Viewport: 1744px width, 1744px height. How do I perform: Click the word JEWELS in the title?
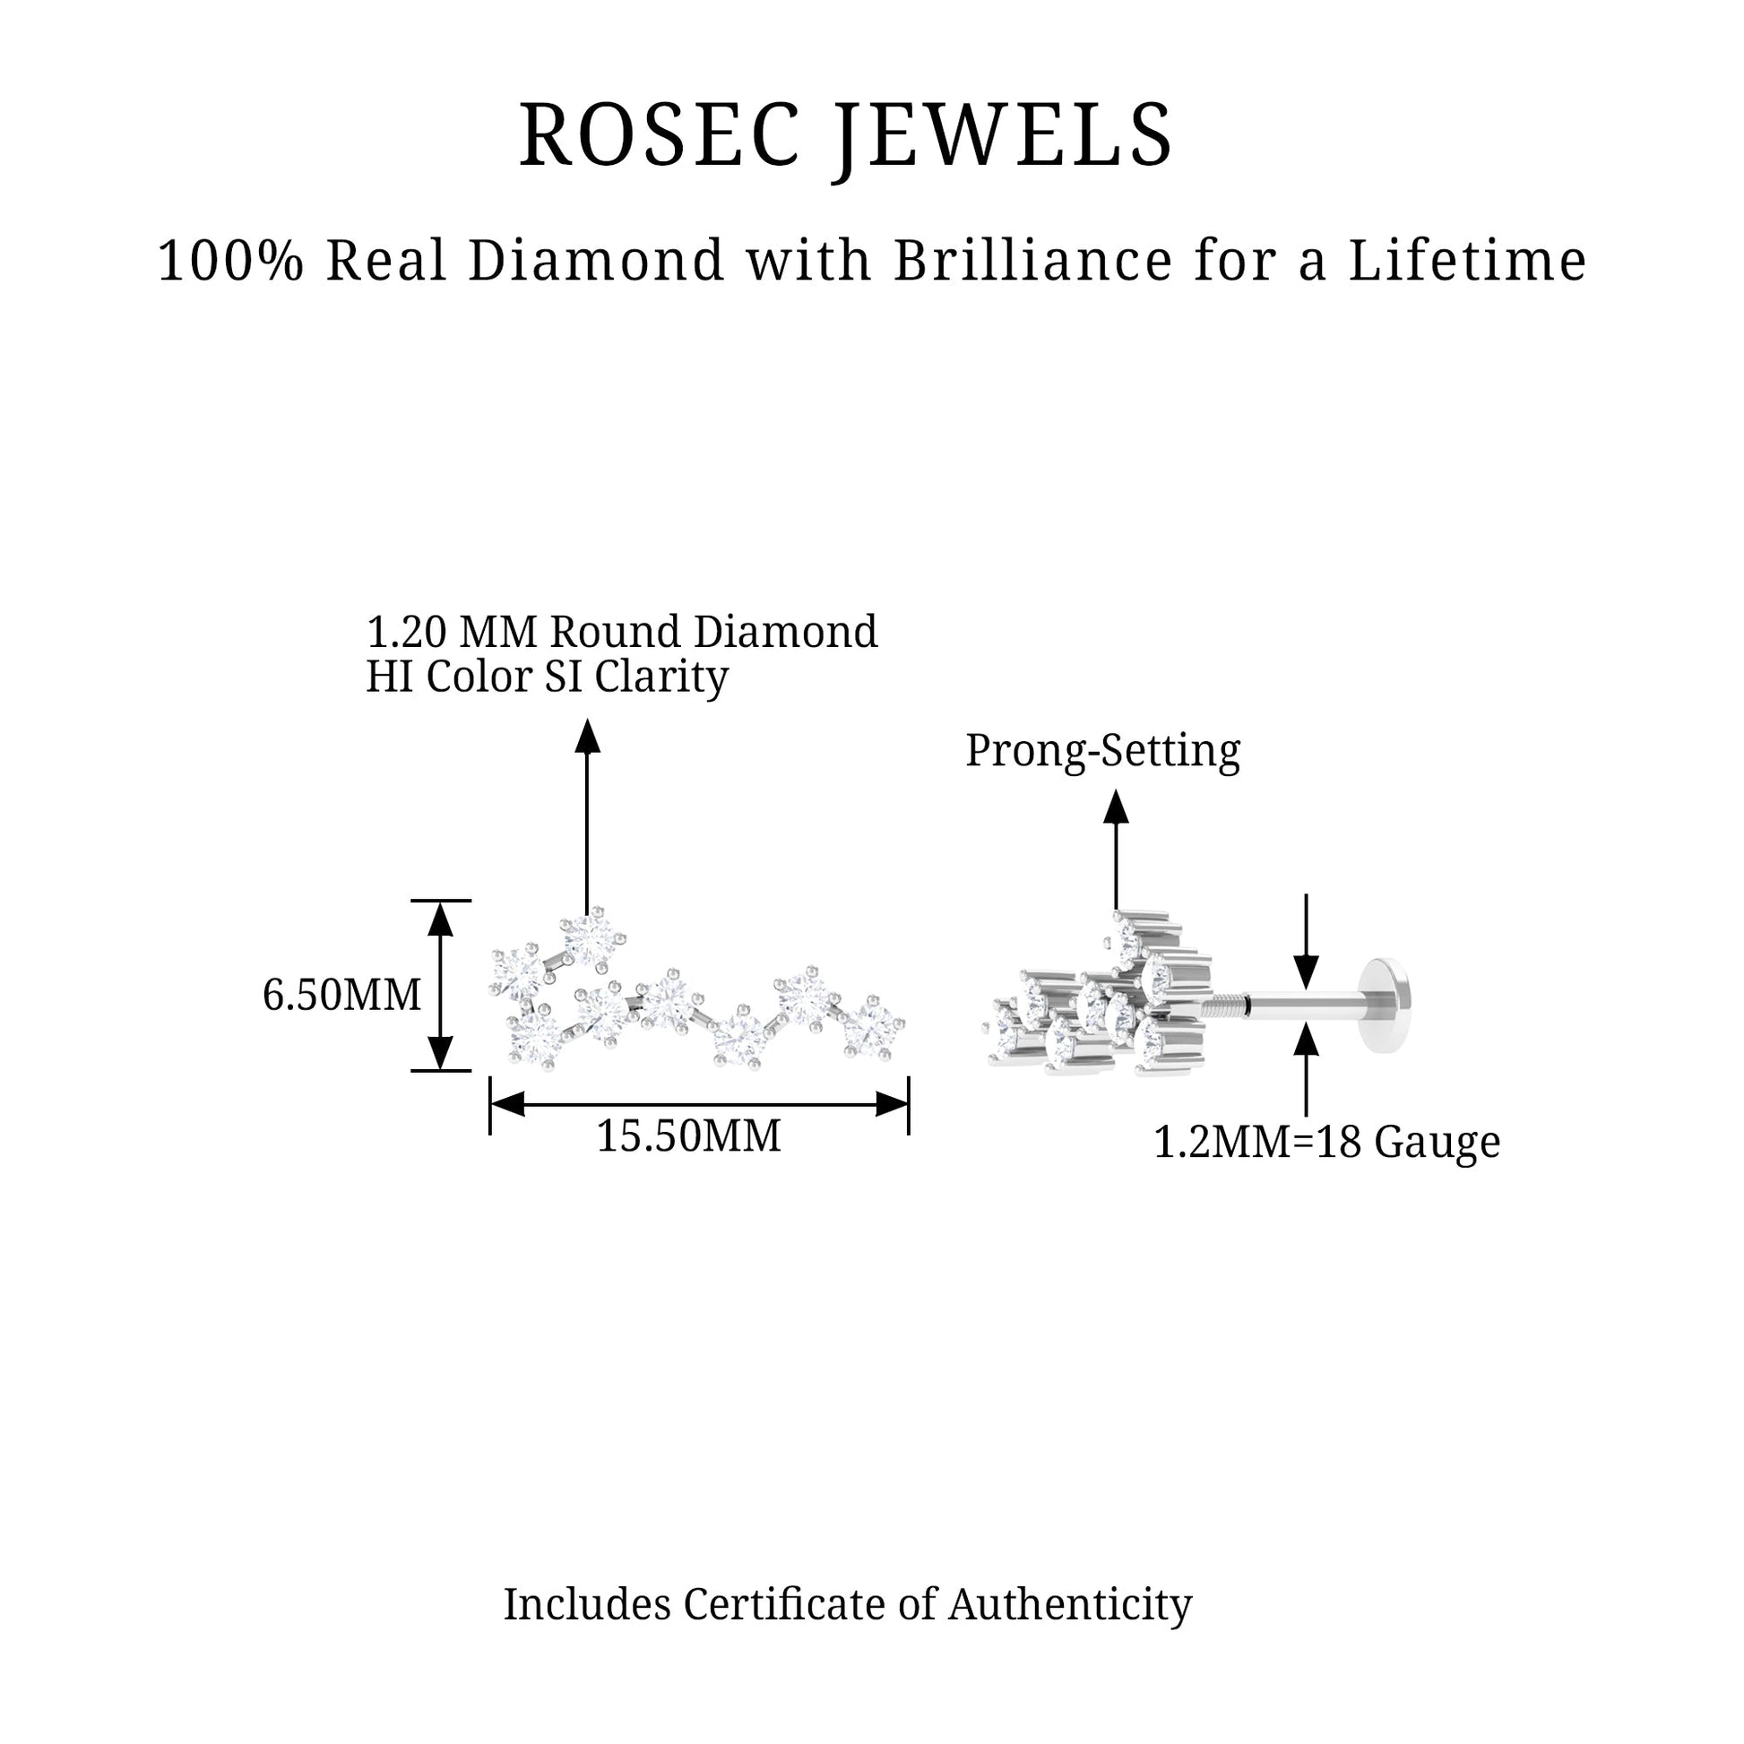point(1004,140)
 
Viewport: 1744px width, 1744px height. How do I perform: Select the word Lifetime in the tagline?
point(1467,261)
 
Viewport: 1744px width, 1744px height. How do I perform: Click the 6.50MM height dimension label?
point(342,995)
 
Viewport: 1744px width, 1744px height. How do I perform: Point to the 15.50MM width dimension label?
point(689,1135)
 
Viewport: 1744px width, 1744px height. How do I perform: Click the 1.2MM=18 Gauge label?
point(1327,1142)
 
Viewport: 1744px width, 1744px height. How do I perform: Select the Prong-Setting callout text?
point(1103,751)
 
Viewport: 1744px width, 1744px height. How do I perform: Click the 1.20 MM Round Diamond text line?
point(622,632)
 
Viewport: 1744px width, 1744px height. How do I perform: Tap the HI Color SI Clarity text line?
point(547,677)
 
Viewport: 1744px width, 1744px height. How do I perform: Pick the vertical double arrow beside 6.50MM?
point(440,986)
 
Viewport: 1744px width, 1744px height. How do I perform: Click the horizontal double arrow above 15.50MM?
point(699,1103)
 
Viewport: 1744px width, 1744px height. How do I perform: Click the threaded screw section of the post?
point(1225,1004)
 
